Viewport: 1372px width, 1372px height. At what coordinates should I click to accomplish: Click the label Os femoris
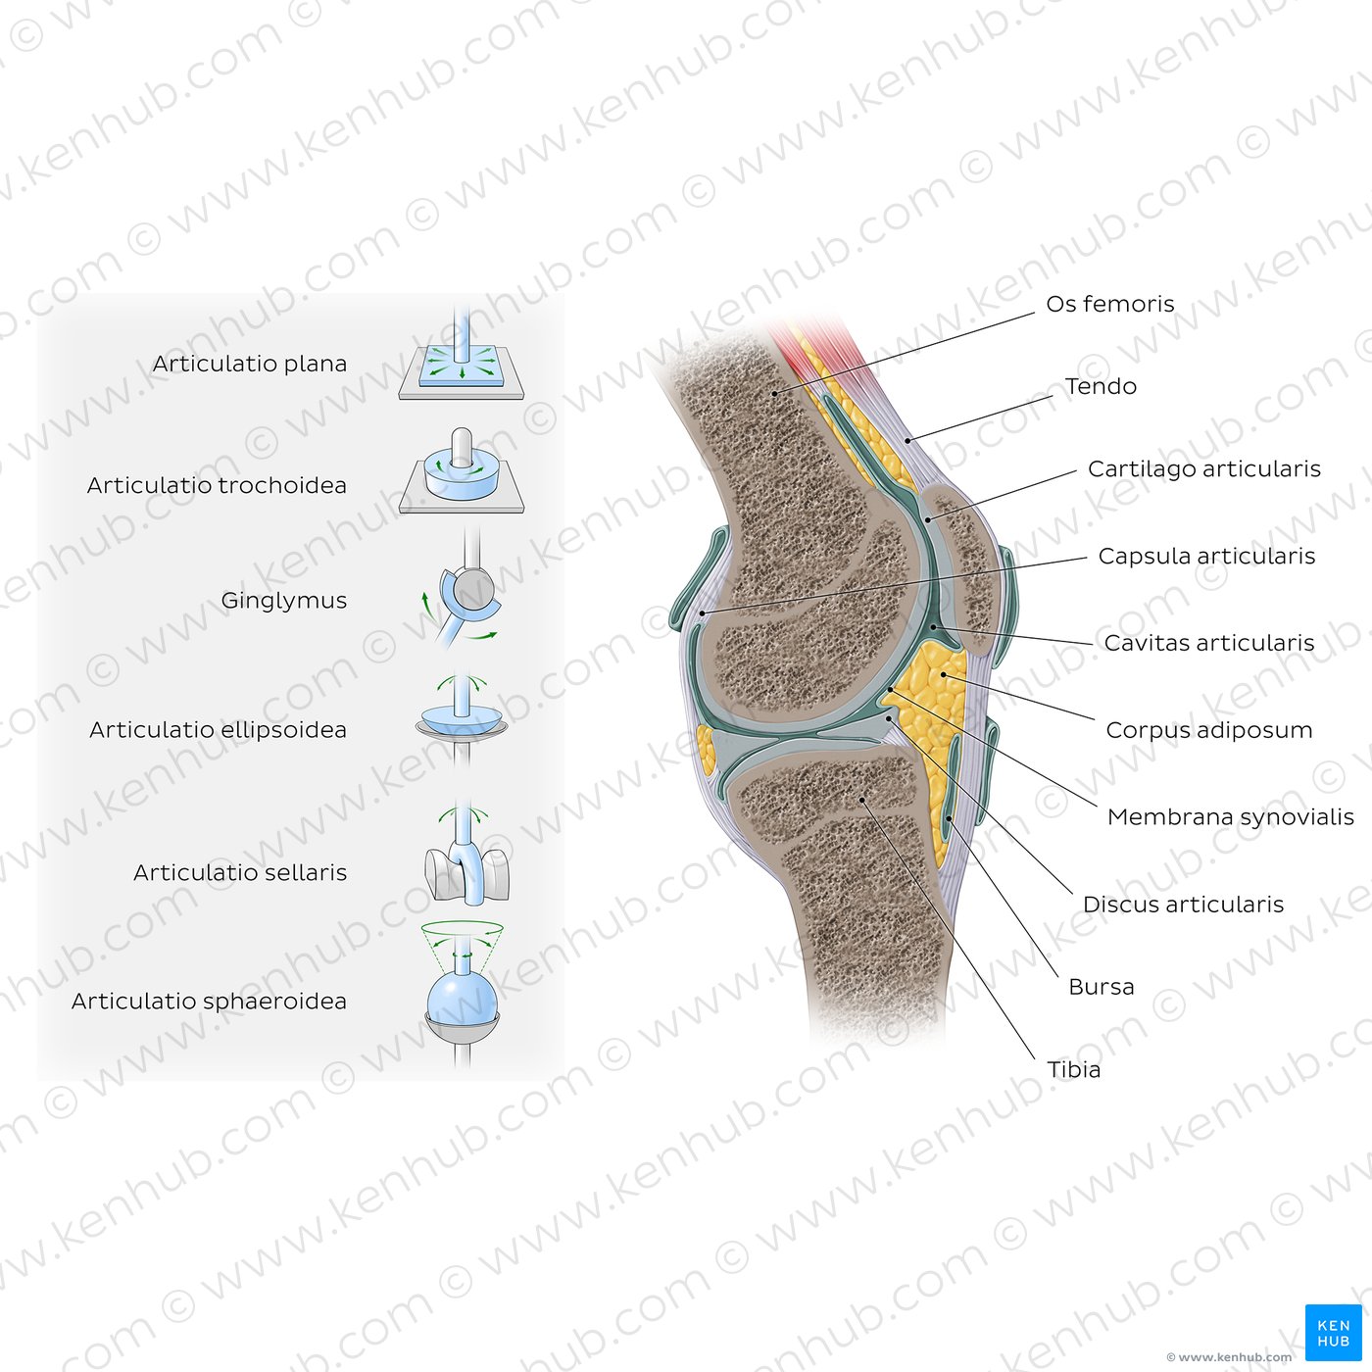(1109, 304)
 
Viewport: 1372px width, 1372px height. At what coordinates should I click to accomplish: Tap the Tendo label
(1101, 386)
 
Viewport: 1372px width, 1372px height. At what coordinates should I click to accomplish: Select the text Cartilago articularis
(1204, 469)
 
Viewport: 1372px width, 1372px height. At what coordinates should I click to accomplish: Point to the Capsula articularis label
(1206, 556)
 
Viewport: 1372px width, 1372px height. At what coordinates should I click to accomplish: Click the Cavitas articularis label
(1209, 643)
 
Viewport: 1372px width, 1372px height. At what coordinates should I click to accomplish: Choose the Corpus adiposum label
(1209, 730)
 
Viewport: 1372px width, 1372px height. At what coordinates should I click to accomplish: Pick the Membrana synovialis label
(1230, 816)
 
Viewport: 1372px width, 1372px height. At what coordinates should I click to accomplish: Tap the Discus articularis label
(1183, 905)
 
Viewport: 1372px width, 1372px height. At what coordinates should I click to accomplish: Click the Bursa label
(1101, 987)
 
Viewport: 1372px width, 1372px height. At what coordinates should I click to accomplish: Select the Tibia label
(1074, 1069)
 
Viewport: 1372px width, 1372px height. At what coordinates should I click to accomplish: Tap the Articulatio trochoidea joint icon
(462, 473)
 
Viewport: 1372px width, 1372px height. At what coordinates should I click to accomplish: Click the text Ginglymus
(283, 601)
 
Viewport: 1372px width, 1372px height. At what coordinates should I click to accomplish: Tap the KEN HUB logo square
(1333, 1333)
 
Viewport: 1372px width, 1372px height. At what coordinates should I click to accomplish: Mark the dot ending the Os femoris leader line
(774, 393)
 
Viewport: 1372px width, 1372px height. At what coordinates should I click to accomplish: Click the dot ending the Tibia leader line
(862, 800)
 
